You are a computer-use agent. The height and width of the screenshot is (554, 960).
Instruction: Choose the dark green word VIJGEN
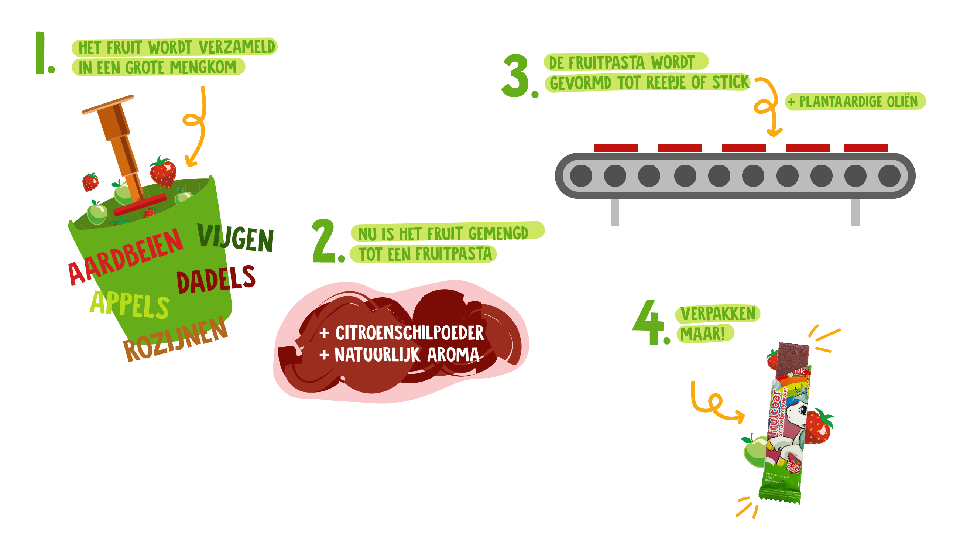[236, 238]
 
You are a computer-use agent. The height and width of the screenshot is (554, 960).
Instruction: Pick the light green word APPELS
[129, 304]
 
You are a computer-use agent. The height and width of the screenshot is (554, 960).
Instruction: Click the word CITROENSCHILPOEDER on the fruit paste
[409, 333]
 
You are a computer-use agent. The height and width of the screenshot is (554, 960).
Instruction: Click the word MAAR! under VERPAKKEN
[703, 334]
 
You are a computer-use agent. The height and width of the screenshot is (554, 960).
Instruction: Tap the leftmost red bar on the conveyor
[616, 148]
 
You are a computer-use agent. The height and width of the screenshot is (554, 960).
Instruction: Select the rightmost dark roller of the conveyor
[889, 176]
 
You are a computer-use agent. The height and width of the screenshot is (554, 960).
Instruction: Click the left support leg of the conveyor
[615, 212]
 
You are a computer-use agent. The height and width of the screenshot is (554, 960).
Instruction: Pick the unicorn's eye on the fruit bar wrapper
[803, 410]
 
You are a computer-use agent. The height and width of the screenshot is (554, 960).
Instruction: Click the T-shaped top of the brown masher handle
[108, 104]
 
